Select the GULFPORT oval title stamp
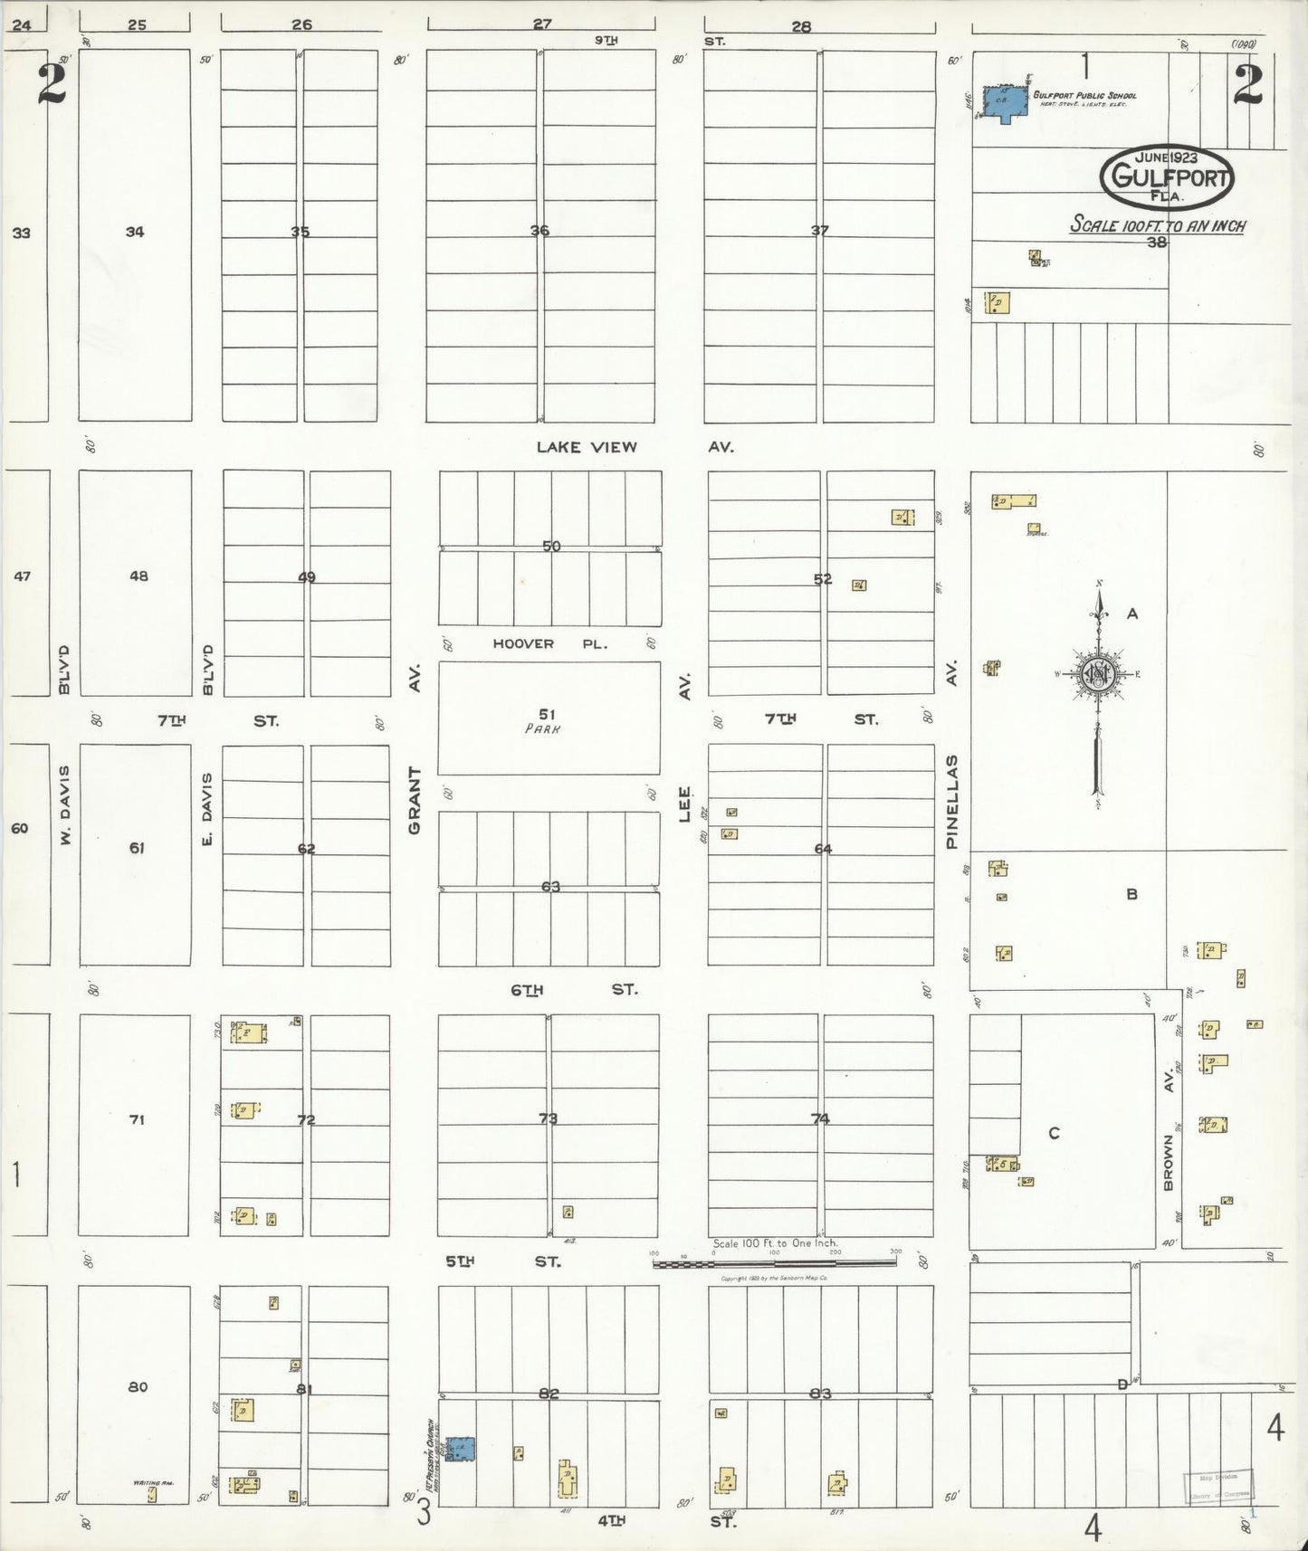click(1167, 176)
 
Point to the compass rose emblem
click(1098, 674)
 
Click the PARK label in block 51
click(541, 728)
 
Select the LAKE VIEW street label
click(587, 447)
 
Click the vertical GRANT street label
click(415, 800)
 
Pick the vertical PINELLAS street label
click(951, 802)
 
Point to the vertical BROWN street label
click(1168, 1163)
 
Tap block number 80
click(138, 1387)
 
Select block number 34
click(135, 232)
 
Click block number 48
click(138, 576)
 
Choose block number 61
click(137, 848)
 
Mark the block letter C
click(1054, 1133)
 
